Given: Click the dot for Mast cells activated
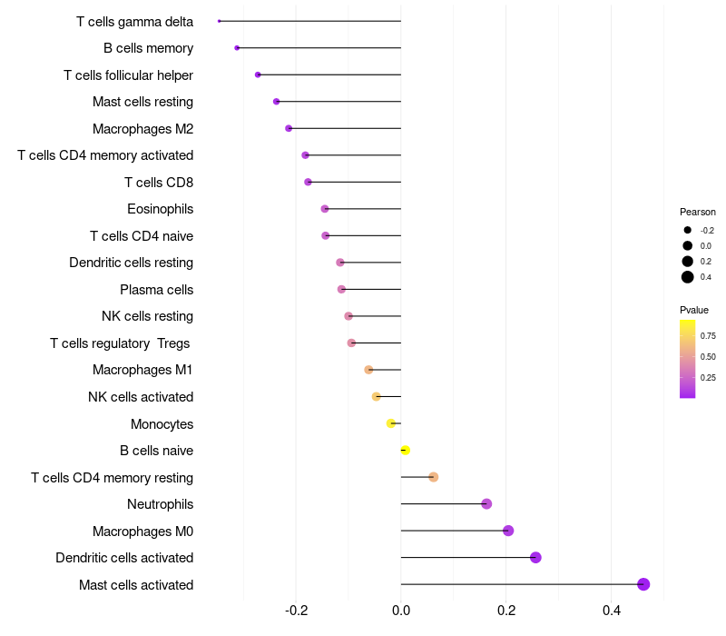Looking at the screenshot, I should pos(643,584).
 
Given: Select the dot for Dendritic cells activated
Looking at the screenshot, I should pos(535,558).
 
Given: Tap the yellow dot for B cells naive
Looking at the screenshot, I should pos(405,451).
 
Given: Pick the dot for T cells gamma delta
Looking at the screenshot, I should pos(220,21).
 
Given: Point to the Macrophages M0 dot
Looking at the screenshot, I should pos(508,531).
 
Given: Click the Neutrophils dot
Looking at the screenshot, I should pos(486,504).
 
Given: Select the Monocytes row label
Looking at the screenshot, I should pos(162,424).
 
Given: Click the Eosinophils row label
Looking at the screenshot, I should pos(160,209).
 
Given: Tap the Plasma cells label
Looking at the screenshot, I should pos(156,290).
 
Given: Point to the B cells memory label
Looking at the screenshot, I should pos(148,48).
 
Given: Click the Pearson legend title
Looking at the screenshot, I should pos(698,212).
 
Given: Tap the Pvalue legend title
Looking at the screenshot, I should pos(694,310).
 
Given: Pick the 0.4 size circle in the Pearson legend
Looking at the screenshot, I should pos(688,277).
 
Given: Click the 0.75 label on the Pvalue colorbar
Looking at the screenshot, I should pos(708,335).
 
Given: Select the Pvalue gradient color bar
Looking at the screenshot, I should pos(688,359).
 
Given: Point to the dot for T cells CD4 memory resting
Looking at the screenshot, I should pos(433,477).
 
